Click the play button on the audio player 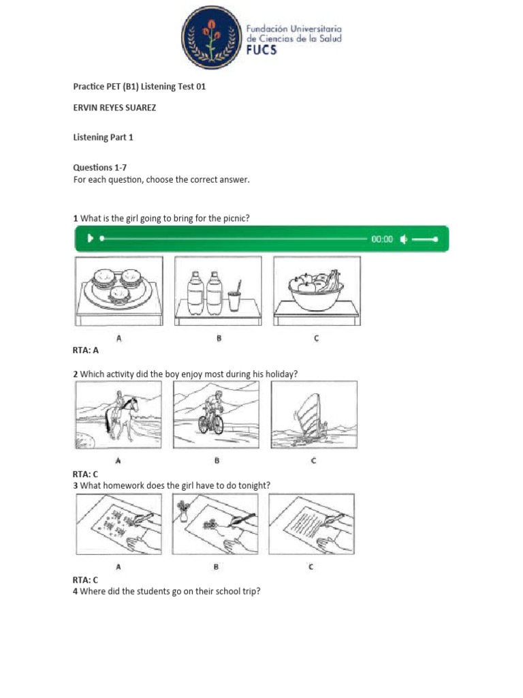89,239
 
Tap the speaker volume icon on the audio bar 404,239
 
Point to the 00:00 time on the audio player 381,239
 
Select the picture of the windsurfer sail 313,414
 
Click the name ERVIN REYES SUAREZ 114,108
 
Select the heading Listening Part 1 104,137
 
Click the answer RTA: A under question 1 86,350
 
